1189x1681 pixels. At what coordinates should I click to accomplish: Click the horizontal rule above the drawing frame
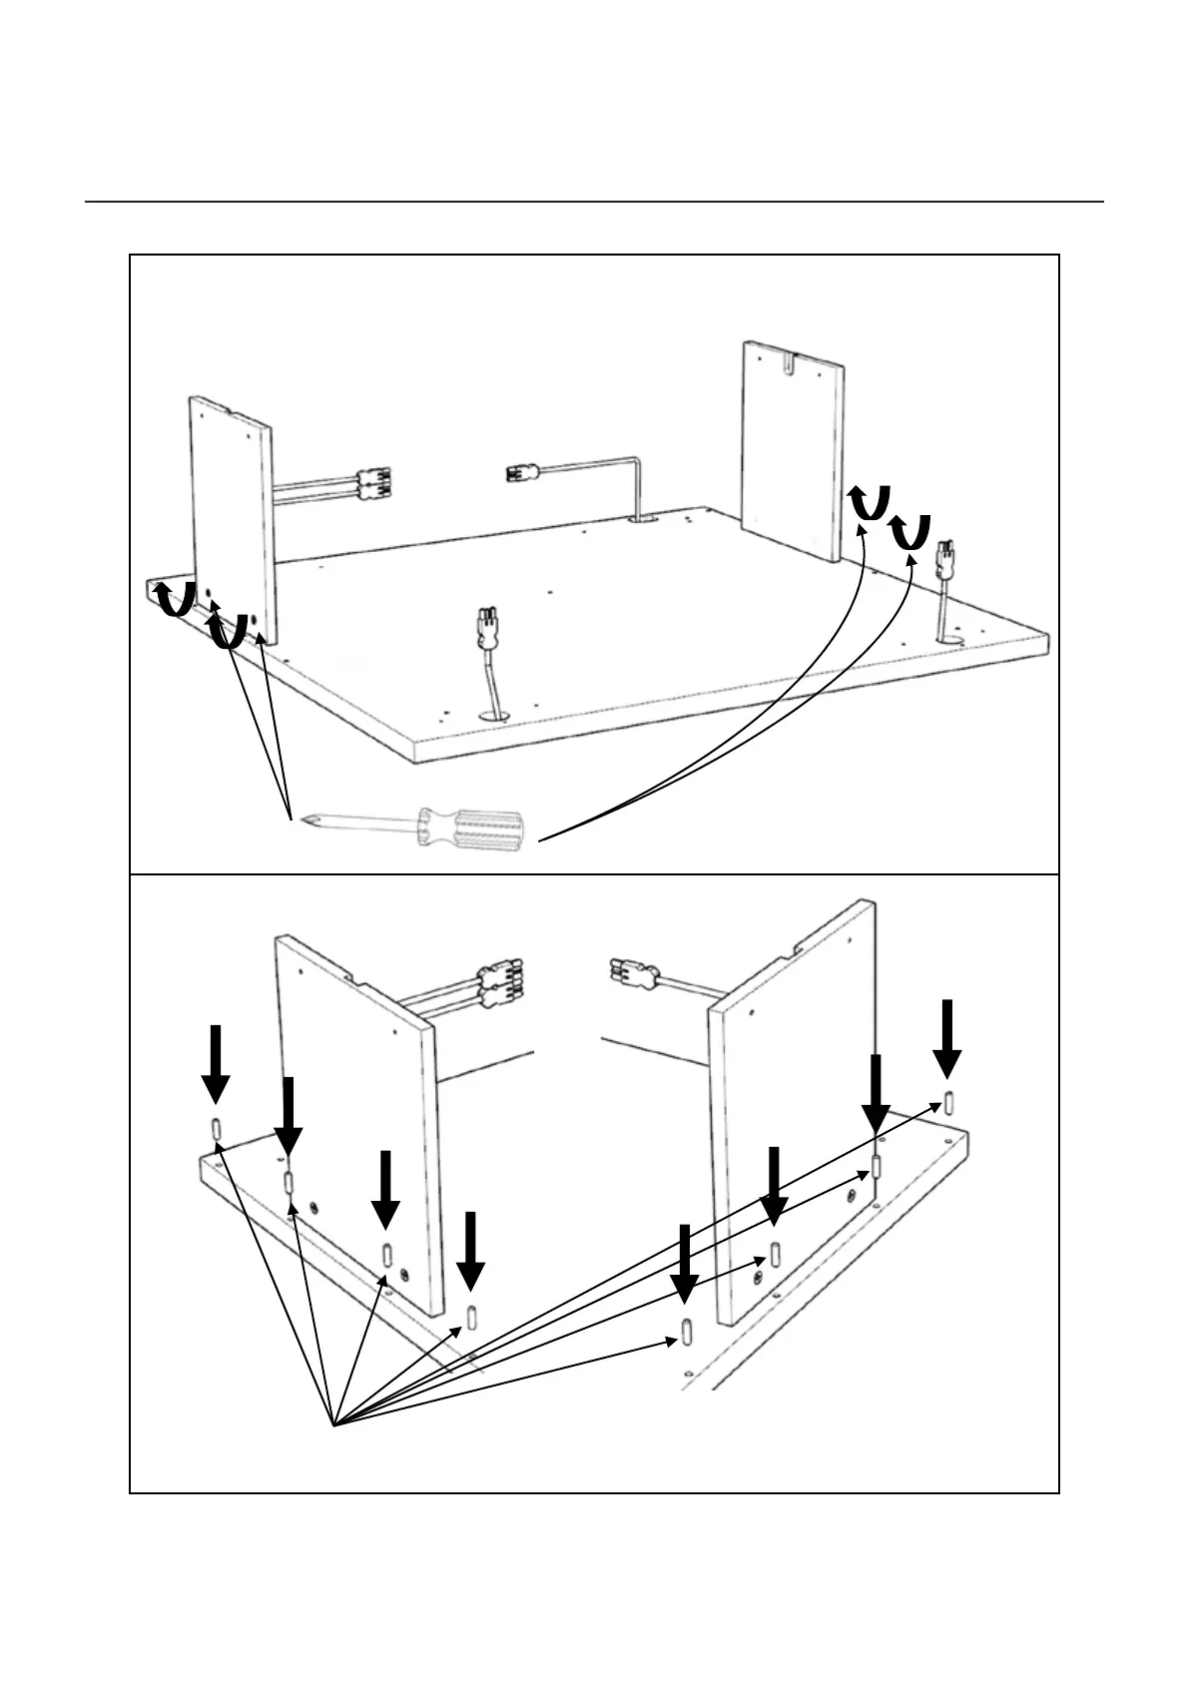tap(594, 202)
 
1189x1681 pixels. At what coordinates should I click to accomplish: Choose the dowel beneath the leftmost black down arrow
tap(215, 1130)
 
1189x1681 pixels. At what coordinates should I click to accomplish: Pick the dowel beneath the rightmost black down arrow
tap(947, 1102)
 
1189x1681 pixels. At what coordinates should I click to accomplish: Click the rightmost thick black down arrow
tap(947, 1038)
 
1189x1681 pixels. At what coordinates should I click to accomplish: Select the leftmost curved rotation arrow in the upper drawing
tap(176, 599)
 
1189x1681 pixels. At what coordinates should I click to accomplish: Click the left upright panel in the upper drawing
tap(232, 519)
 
